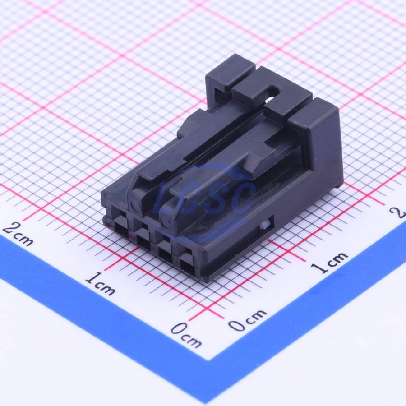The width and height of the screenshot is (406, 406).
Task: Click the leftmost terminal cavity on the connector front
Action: tap(120, 230)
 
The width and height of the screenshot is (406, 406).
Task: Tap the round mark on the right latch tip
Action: tap(165, 222)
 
